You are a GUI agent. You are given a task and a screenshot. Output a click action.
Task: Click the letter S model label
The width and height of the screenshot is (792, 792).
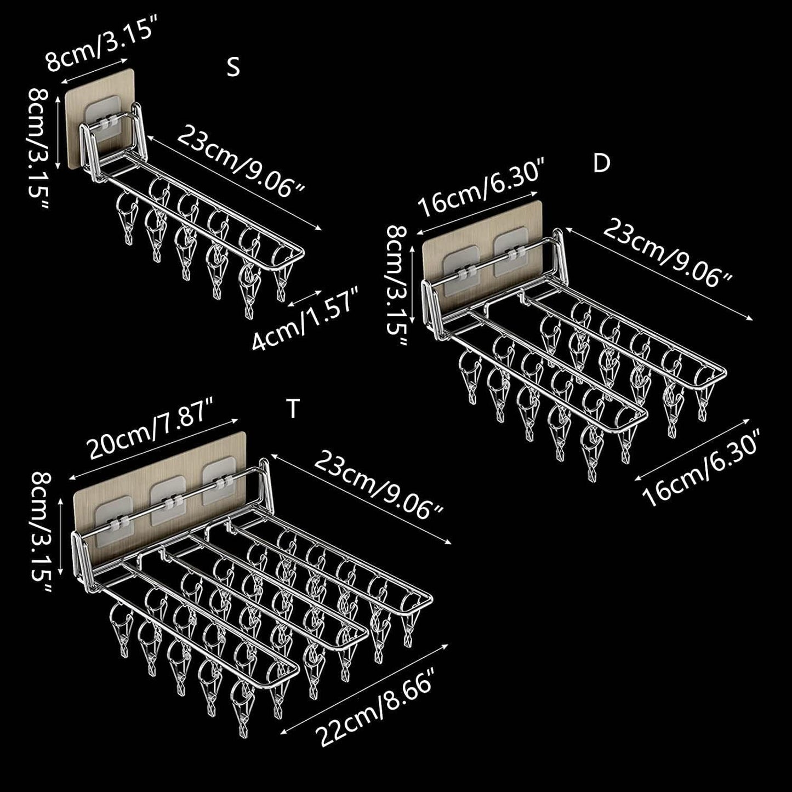[x=233, y=67]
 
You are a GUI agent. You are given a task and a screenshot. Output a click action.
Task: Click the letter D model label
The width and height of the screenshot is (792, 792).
[x=601, y=163]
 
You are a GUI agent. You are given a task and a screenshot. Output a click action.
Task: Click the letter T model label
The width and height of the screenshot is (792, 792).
[x=292, y=409]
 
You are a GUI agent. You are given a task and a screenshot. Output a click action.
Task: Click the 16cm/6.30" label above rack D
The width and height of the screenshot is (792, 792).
[x=480, y=188]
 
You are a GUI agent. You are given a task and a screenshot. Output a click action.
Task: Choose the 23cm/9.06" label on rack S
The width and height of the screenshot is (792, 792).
[x=241, y=162]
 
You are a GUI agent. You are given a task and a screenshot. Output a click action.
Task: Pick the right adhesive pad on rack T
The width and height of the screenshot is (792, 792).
[x=220, y=484]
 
